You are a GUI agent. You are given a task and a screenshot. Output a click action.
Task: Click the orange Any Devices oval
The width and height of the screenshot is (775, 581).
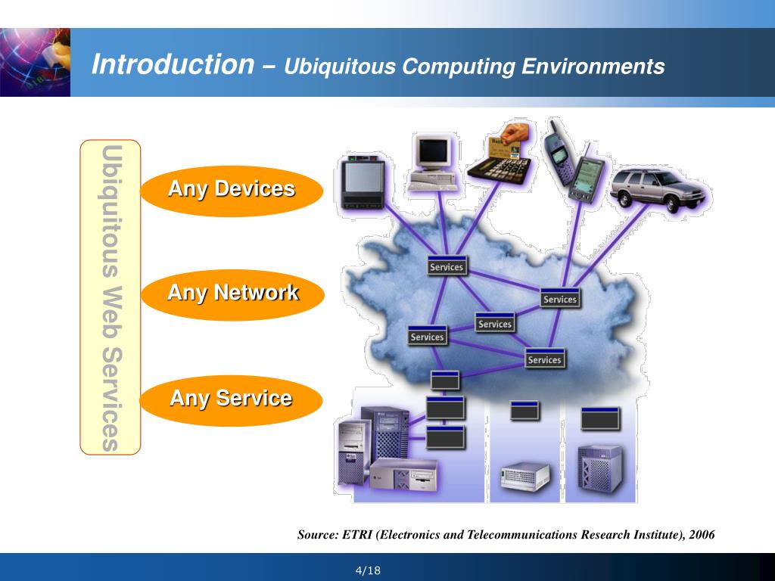(232, 189)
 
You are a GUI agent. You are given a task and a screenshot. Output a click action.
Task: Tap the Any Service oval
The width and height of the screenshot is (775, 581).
(231, 398)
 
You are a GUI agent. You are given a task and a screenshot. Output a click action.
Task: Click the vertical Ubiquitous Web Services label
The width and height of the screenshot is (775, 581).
(110, 297)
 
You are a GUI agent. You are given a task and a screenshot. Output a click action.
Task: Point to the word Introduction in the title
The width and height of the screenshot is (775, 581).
(173, 65)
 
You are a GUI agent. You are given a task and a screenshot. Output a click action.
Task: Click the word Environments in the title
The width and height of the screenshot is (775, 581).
(593, 67)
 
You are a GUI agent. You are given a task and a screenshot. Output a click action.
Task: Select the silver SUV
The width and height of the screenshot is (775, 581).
(657, 190)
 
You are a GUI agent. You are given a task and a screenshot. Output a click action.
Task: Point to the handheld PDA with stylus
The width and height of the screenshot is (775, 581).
(587, 177)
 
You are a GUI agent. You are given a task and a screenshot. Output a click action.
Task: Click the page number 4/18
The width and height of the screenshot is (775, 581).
(368, 570)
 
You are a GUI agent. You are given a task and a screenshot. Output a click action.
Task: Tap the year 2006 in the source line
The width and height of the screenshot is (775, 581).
(702, 535)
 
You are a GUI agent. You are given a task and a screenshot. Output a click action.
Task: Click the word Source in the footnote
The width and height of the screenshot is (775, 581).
(316, 535)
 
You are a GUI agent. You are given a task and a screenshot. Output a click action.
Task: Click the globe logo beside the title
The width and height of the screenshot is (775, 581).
(35, 63)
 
